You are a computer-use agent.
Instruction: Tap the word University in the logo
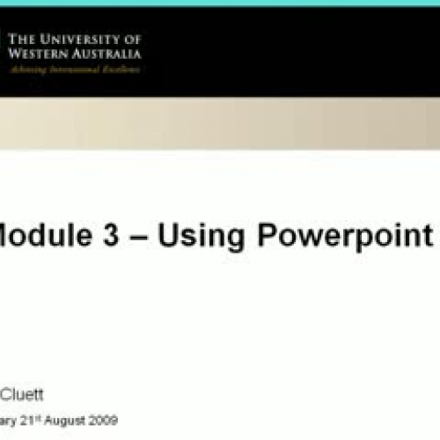(x=78, y=40)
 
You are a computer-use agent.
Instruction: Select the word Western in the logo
(x=38, y=53)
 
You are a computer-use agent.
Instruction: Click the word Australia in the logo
(x=106, y=53)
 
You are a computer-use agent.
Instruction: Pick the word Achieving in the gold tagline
(x=27, y=69)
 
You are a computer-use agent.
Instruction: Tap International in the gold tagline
(x=74, y=69)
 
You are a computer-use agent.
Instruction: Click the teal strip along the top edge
(x=220, y=3)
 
